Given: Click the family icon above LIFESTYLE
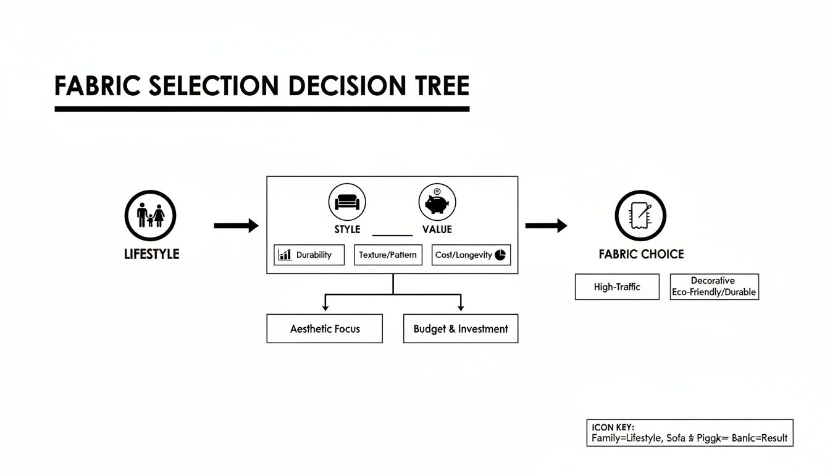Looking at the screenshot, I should (150, 216).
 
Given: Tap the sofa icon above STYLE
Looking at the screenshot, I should (346, 202).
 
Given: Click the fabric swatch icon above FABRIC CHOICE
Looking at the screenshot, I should (640, 216).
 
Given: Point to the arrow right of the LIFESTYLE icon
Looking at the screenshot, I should (236, 226).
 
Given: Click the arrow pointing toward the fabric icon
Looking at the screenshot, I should (546, 226).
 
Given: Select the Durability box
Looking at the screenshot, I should (309, 255).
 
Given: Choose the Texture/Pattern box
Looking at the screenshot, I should (388, 255).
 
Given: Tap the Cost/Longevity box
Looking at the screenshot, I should (471, 255).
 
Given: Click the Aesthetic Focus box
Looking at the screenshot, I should (324, 329).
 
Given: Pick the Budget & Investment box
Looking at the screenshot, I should (460, 329).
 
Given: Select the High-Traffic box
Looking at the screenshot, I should (617, 287).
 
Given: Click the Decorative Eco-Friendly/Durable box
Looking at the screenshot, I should (714, 287).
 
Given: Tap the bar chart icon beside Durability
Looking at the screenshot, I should (285, 255).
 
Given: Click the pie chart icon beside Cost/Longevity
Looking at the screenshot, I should (500, 255).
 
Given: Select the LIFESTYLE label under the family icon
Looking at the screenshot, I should (152, 254).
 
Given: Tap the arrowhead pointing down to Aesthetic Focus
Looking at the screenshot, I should (325, 307).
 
